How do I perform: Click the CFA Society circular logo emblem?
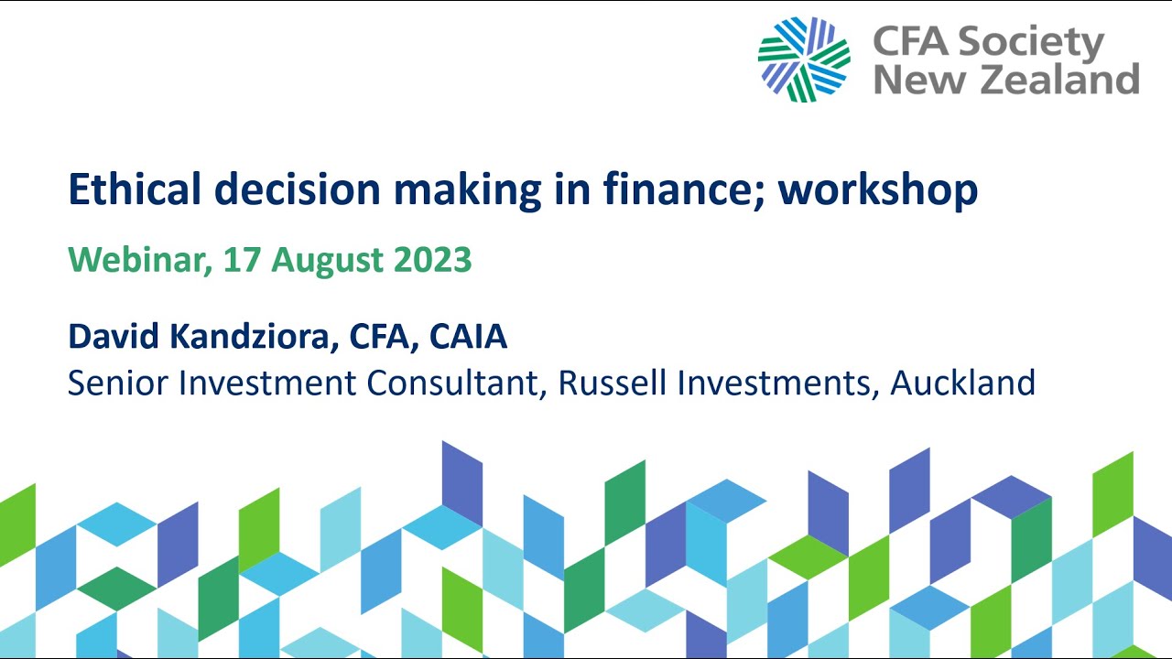click(x=804, y=59)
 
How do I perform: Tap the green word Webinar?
click(x=133, y=261)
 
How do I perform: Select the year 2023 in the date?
click(x=432, y=261)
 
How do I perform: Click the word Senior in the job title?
click(x=117, y=383)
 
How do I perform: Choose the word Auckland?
click(x=962, y=383)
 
